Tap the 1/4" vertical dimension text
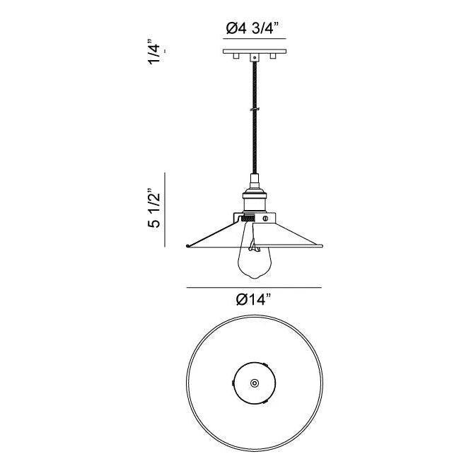[x=153, y=54]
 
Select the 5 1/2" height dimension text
[x=153, y=209]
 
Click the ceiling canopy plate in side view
[x=253, y=51]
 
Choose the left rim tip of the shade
[x=185, y=246]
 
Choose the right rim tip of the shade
[x=322, y=246]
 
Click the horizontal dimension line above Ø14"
[x=254, y=287]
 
